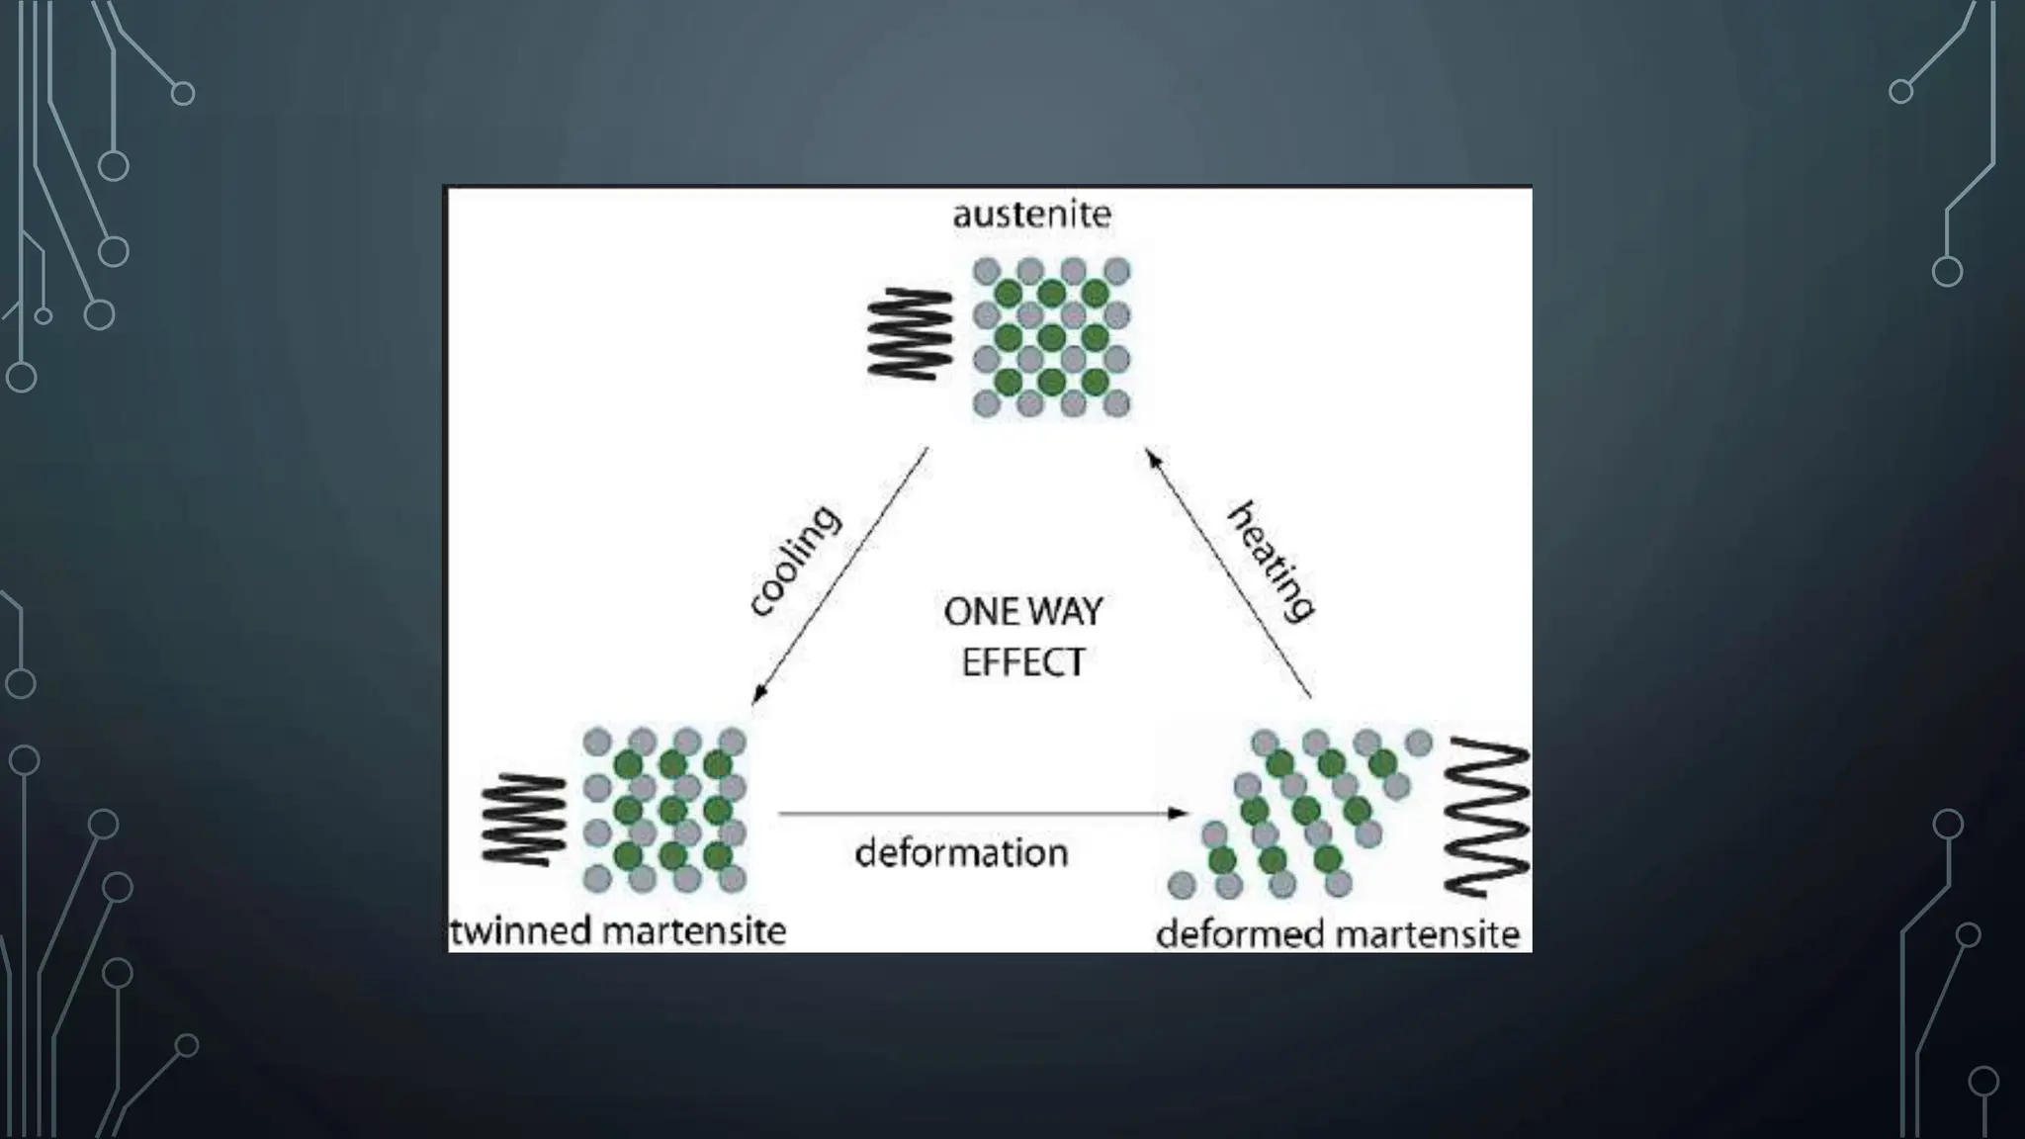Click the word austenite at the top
(1031, 215)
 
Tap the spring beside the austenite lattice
(910, 333)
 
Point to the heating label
(1272, 561)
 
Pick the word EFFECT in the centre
(1022, 662)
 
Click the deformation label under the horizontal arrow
(961, 852)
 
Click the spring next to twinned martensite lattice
(524, 820)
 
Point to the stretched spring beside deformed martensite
(1486, 818)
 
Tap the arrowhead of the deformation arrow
(1179, 813)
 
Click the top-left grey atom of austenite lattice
(987, 271)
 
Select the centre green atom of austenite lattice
(1051, 337)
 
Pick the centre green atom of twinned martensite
(672, 810)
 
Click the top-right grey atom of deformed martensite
(1419, 742)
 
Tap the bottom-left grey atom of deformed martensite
(1181, 884)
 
